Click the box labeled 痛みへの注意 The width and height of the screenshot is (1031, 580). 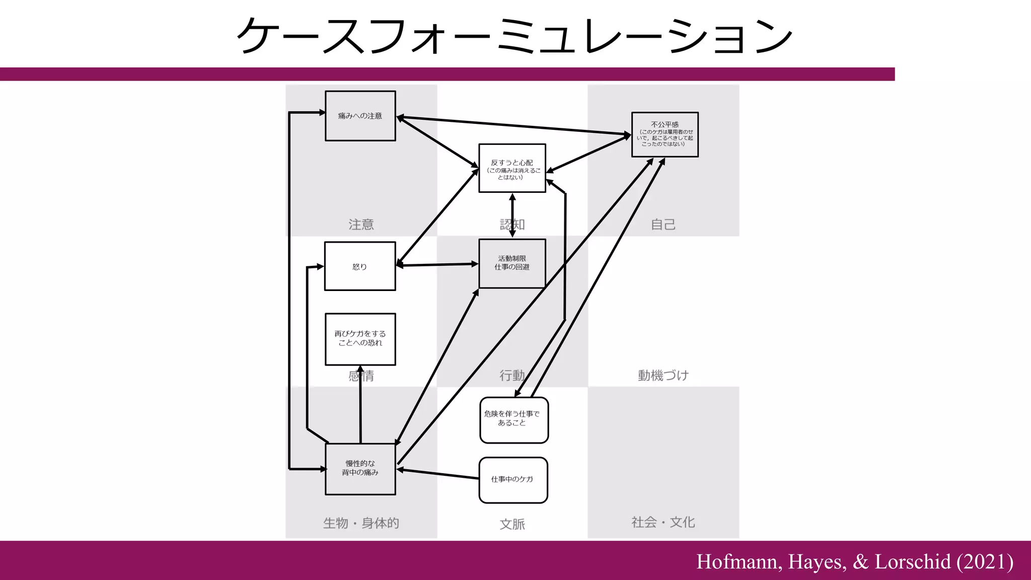(x=360, y=116)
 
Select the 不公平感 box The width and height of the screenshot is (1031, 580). (x=665, y=134)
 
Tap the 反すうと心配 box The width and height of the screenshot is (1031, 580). (x=512, y=168)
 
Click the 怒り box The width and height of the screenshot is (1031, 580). (x=360, y=266)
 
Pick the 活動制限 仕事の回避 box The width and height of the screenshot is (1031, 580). (x=512, y=263)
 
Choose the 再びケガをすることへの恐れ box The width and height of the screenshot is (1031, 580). (x=360, y=339)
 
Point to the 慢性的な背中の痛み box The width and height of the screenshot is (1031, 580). (x=360, y=469)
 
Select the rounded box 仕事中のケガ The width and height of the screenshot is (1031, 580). (x=513, y=480)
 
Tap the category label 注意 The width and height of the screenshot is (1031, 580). (x=361, y=225)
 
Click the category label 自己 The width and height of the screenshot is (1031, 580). (x=663, y=225)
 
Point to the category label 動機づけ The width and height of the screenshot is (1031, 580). (x=663, y=376)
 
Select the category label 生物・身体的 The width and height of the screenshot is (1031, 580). (x=361, y=523)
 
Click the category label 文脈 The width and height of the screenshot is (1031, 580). (x=512, y=524)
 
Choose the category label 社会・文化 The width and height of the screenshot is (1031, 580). (x=663, y=522)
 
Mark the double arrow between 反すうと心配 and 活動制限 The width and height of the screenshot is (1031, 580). (x=512, y=215)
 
